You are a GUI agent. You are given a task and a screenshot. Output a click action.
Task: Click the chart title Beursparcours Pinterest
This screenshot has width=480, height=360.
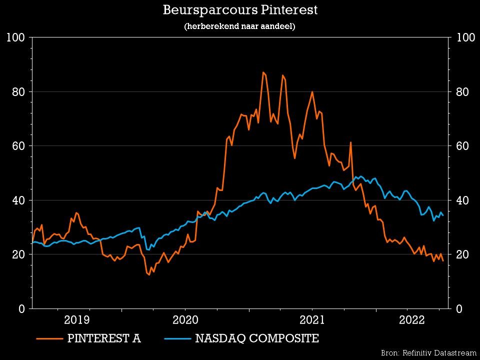point(240,10)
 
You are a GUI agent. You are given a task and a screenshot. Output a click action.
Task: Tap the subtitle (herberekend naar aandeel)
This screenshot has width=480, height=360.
point(240,26)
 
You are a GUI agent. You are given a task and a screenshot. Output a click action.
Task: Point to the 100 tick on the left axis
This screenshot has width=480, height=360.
point(16,37)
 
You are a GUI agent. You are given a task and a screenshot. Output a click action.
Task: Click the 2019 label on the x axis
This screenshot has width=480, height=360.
point(76,320)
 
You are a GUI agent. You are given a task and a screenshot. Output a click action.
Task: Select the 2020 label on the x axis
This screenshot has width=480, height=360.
point(185,320)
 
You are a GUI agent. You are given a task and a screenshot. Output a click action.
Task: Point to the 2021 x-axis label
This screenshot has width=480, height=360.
point(312,320)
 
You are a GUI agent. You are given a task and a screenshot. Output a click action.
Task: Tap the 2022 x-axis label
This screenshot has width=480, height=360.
point(411,320)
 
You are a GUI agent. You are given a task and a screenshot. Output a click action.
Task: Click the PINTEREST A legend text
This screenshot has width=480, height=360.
point(104,338)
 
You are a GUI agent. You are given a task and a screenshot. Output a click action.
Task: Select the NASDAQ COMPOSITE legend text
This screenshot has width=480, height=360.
point(257,338)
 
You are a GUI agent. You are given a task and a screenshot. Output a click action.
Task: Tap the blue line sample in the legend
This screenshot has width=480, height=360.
point(177,339)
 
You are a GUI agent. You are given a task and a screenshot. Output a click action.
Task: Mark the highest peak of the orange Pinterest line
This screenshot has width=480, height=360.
point(263,72)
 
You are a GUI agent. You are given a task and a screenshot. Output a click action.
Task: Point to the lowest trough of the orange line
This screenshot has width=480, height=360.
point(148,275)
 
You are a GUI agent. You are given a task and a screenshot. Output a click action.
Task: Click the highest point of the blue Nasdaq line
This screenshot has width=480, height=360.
point(355,176)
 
